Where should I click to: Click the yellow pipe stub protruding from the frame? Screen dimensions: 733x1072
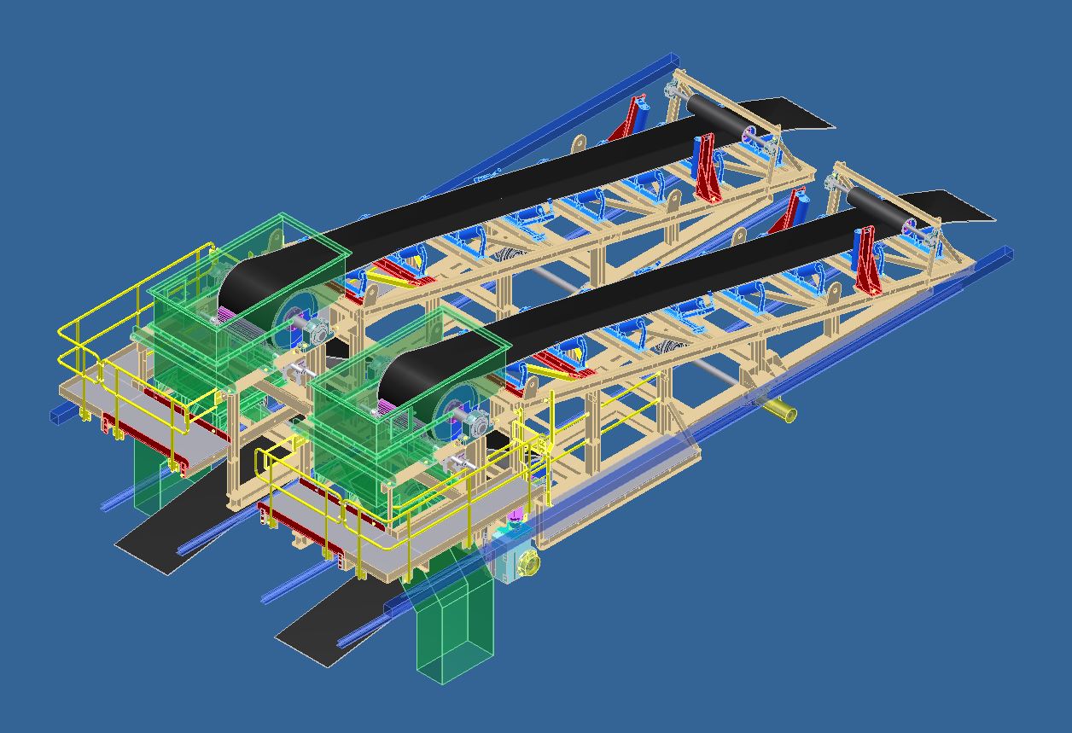click(x=780, y=411)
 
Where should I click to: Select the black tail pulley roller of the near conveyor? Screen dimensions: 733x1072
click(x=875, y=207)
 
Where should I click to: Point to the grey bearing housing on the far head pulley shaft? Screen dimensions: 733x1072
click(x=317, y=333)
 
